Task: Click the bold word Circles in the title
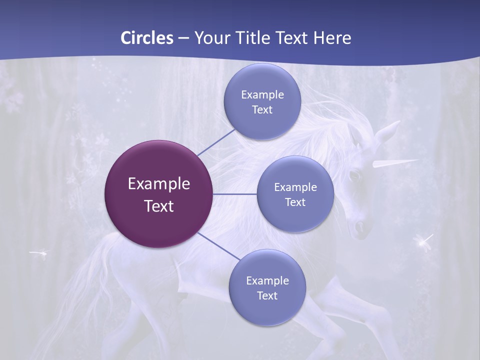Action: (146, 38)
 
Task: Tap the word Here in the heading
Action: (332, 38)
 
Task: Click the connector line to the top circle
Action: (215, 142)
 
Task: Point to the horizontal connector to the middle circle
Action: (235, 194)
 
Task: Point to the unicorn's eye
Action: (354, 176)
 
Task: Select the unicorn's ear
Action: (387, 131)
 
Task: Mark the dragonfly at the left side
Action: (39, 253)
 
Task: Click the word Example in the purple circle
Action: (159, 183)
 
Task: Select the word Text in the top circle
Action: (262, 109)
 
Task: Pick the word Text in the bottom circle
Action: (267, 295)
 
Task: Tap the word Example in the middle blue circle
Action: (295, 187)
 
